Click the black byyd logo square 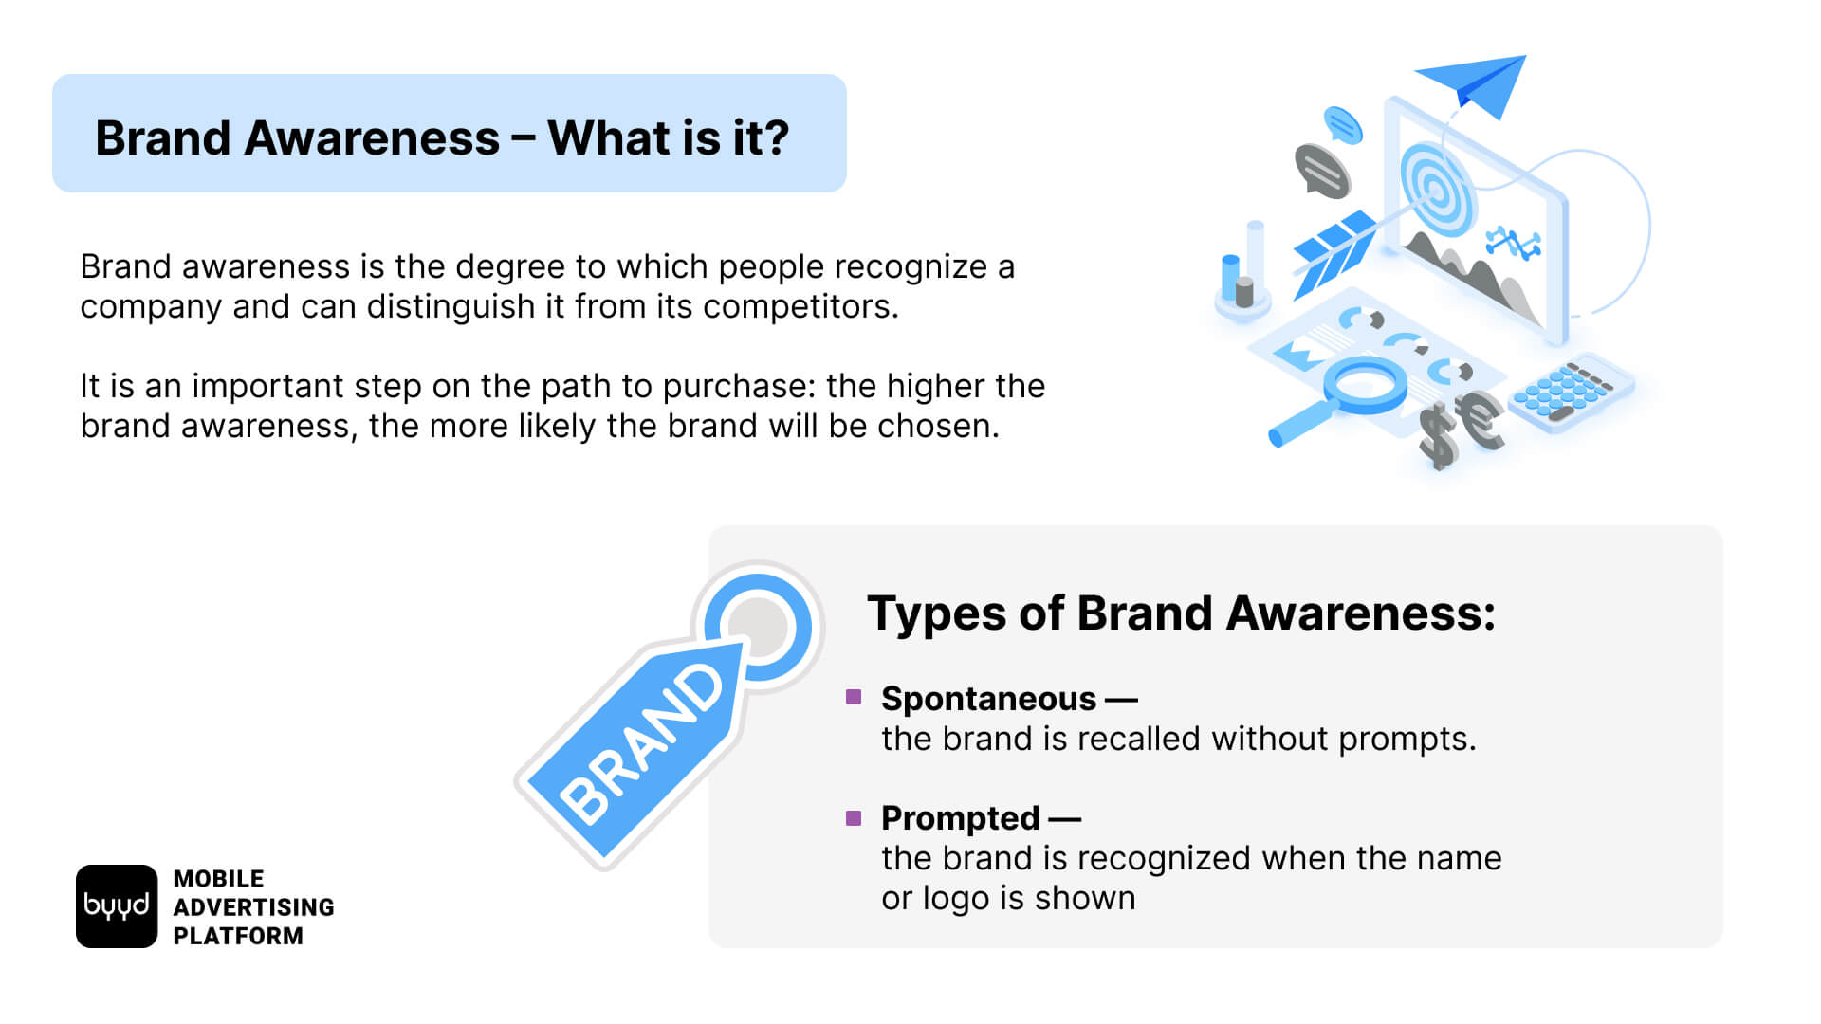117,906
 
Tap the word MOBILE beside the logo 219,879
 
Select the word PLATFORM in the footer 238,936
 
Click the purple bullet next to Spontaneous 854,697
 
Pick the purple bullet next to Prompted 854,817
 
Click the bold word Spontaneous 988,699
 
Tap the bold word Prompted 960,818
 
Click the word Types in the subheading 937,613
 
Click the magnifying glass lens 1366,384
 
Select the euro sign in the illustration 1480,420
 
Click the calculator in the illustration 1572,391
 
